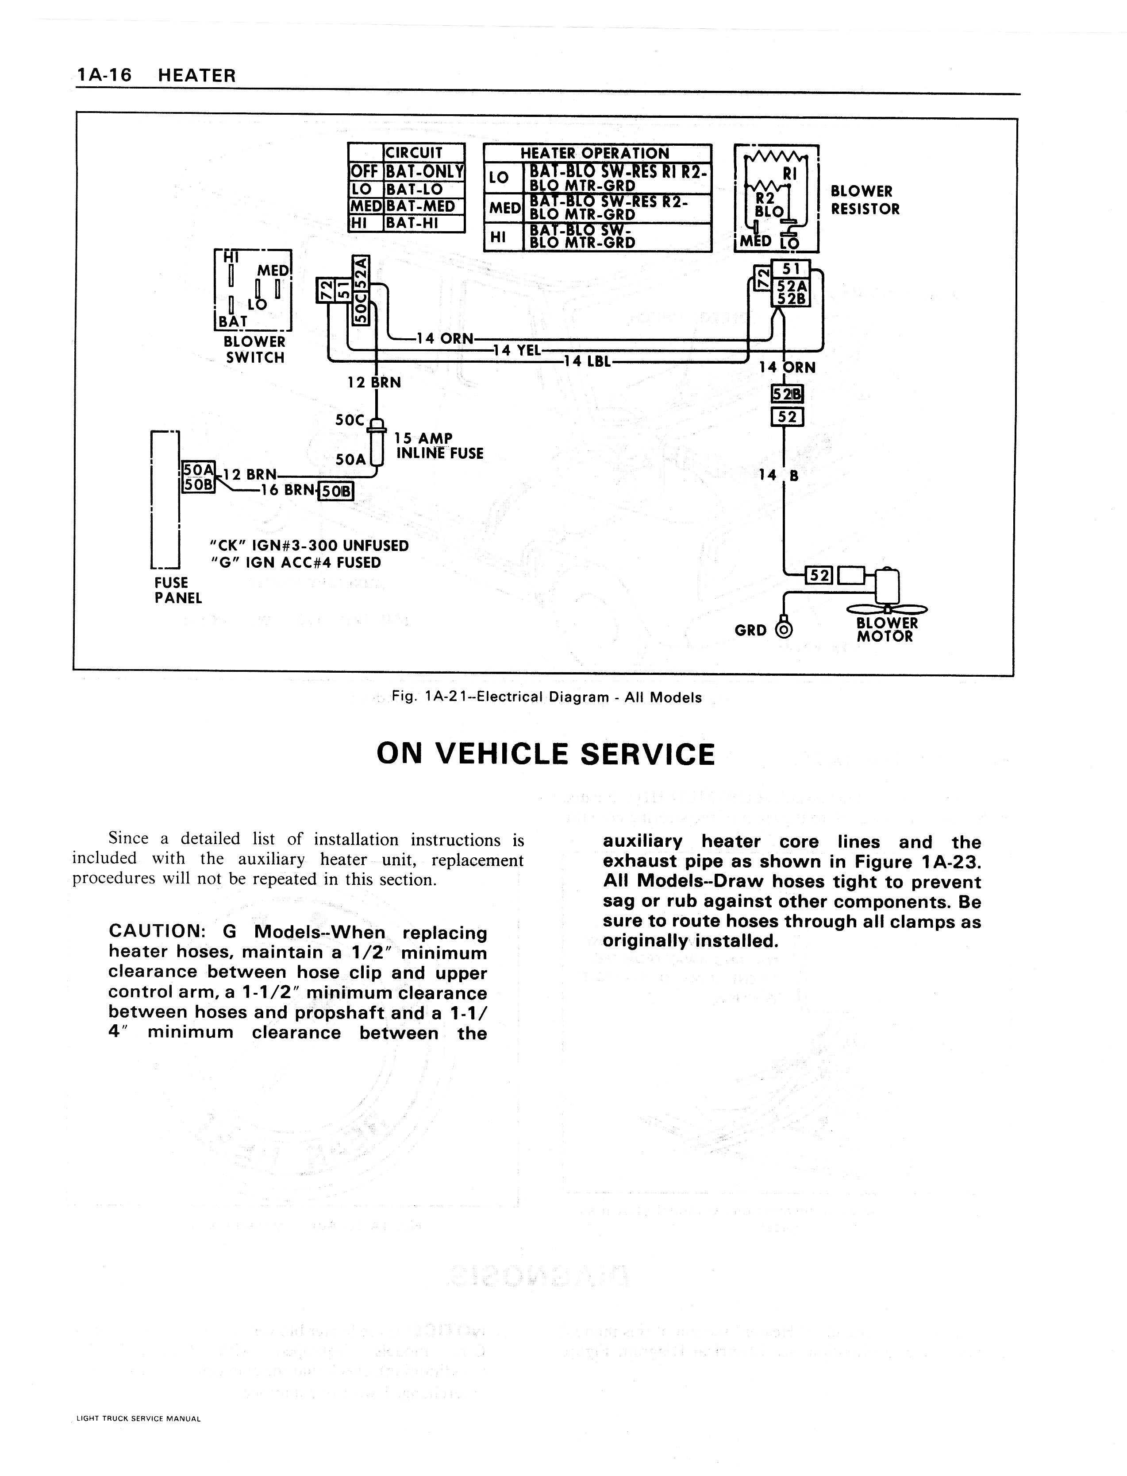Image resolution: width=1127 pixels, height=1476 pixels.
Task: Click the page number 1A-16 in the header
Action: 104,75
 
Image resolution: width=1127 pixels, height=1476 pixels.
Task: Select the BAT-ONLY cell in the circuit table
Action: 424,171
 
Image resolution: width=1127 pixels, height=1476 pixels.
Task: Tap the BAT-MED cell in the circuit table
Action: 421,206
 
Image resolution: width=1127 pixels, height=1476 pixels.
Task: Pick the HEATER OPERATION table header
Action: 595,153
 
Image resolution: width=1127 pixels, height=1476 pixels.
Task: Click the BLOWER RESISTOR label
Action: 865,200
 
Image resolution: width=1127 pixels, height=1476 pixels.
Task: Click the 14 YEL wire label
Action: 517,350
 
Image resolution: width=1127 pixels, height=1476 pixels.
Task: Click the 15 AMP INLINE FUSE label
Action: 439,446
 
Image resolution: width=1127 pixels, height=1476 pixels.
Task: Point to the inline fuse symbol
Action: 377,443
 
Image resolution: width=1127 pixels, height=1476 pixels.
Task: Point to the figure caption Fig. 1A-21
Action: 547,697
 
